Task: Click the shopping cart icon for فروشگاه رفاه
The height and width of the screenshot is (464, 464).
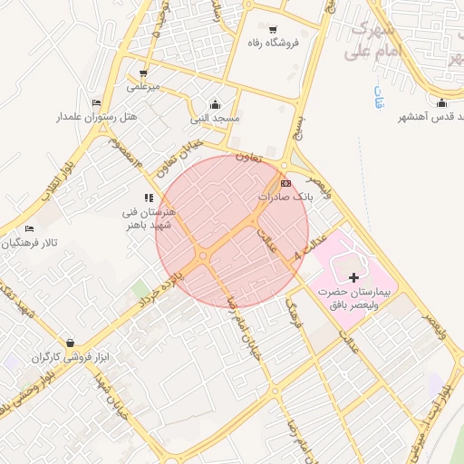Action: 273,30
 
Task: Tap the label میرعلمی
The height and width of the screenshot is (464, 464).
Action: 143,87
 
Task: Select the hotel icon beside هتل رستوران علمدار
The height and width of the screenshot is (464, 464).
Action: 97,102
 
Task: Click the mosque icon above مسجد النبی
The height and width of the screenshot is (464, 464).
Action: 215,104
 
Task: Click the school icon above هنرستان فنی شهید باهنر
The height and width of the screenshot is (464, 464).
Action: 149,197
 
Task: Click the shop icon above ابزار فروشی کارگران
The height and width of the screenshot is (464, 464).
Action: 71,343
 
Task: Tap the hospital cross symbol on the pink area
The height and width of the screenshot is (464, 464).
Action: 353,275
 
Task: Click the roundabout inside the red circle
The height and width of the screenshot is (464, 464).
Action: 206,259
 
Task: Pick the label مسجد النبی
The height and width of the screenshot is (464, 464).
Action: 215,119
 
